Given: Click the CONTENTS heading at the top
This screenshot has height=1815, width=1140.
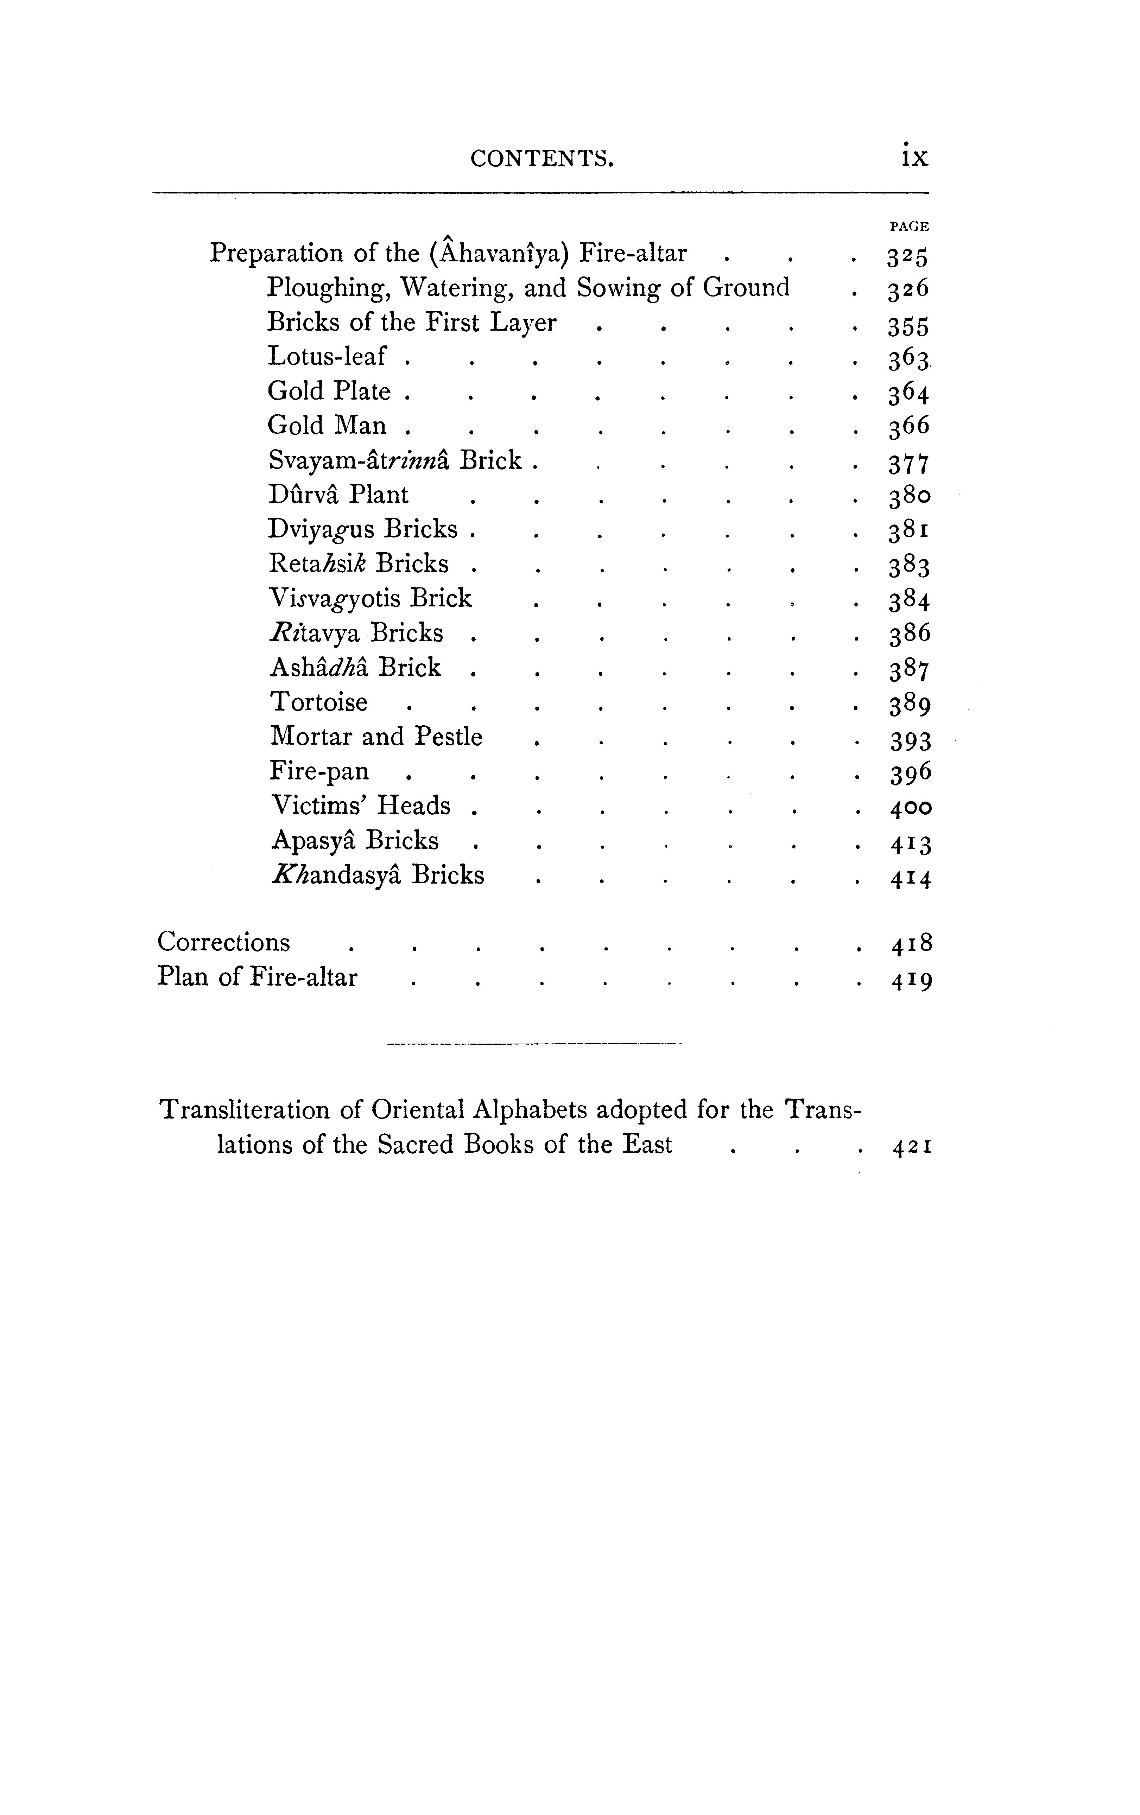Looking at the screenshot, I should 541,158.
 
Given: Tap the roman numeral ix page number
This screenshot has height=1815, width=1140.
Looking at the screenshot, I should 914,156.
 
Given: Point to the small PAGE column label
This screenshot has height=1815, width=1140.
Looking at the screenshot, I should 909,225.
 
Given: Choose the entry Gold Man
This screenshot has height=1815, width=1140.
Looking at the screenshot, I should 327,426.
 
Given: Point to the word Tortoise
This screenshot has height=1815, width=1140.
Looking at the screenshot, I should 319,702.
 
